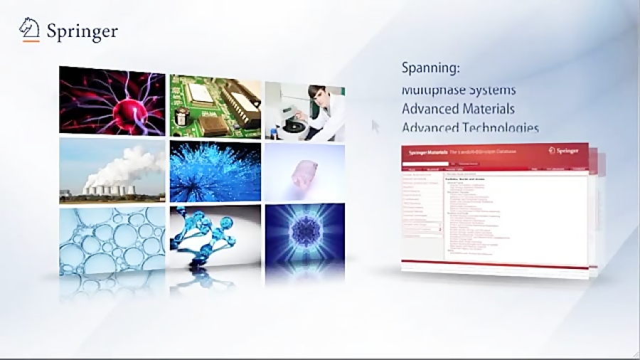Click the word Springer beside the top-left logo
pyautogui.click(x=82, y=31)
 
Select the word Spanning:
pyautogui.click(x=431, y=68)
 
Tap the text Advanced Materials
pyautogui.click(x=458, y=109)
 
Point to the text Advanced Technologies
pyautogui.click(x=470, y=128)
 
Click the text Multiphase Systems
pyautogui.click(x=459, y=90)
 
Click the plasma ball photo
pyautogui.click(x=112, y=100)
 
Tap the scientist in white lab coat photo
pyautogui.click(x=304, y=111)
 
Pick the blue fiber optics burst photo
pyautogui.click(x=215, y=171)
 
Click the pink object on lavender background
pyautogui.click(x=304, y=171)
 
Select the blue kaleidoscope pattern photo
pyautogui.click(x=304, y=239)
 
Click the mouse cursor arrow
pyautogui.click(x=375, y=125)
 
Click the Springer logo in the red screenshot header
pyautogui.click(x=566, y=150)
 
